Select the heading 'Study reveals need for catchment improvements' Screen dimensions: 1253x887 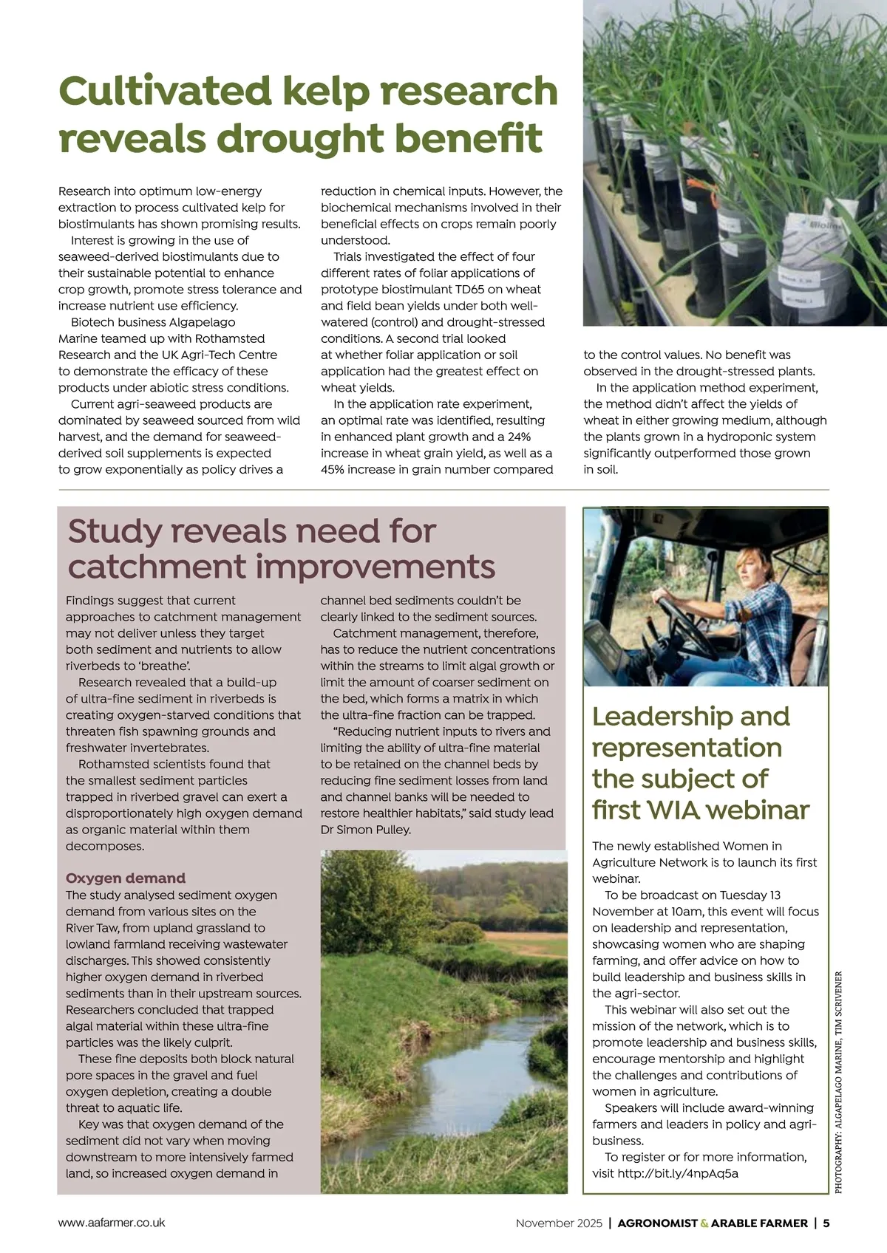click(281, 549)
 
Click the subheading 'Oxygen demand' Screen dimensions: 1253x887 click(126, 878)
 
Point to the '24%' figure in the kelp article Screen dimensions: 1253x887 click(519, 437)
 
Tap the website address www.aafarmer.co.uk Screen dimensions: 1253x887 click(112, 1223)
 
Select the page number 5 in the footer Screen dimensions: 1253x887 click(826, 1223)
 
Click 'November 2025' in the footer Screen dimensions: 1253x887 click(559, 1223)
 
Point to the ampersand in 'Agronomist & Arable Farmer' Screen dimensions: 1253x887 click(704, 1223)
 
